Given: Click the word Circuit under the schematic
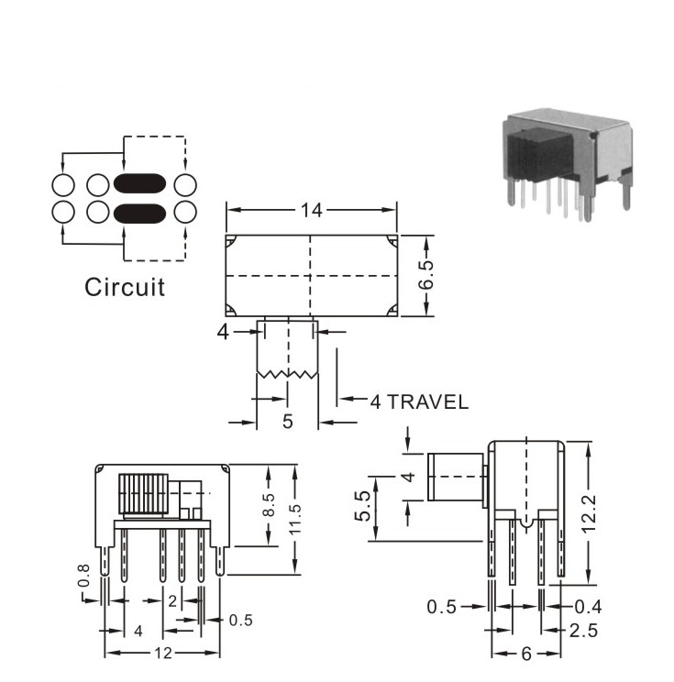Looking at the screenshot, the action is coord(125,288).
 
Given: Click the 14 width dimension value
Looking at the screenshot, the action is coord(312,211).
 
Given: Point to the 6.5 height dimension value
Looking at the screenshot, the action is coord(426,275).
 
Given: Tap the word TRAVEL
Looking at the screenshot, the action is coord(427,401).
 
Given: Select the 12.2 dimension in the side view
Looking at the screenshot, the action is coord(589,514).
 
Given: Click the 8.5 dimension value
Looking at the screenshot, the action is coord(269,504).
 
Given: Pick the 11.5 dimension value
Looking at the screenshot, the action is coord(295,520).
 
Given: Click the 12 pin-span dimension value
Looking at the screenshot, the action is coord(163,653).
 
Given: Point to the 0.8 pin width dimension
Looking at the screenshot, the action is coord(83,575).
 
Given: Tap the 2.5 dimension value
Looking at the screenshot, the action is coord(583,631).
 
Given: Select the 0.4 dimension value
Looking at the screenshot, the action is coord(589,607).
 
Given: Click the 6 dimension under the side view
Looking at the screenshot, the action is coord(526,654).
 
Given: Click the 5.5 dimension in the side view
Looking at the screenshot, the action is coord(362,505).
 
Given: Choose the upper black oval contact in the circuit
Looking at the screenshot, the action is coord(139,183).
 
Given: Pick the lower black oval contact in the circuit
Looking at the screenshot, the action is coord(139,213).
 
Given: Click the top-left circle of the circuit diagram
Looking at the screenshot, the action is coord(63,185).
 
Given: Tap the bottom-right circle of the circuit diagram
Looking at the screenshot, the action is coord(185,213).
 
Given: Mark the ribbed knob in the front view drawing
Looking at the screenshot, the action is coord(143,494).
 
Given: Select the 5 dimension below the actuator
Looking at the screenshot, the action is coord(288,421).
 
